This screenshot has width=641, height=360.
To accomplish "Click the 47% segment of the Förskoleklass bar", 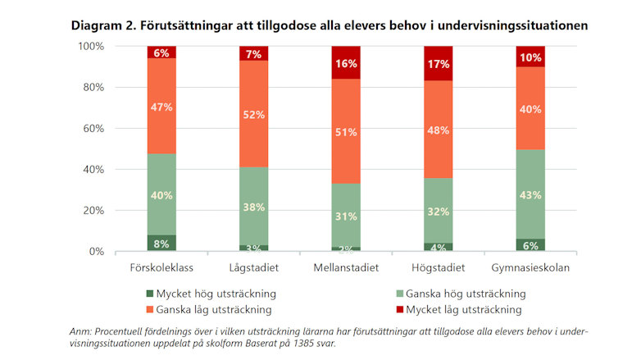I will point(161,106).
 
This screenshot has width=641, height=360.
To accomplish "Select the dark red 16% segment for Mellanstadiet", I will point(346,62).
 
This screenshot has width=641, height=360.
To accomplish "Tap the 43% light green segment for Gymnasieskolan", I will point(530,194).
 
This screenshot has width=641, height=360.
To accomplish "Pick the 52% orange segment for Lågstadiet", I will point(254,114).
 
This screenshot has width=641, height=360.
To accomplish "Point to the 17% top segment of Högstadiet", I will point(439,63).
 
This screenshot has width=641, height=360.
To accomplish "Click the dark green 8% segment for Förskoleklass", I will point(161,243).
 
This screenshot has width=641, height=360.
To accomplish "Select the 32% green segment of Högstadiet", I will point(439,211).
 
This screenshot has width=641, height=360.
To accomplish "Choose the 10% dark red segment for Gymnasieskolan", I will point(530,57).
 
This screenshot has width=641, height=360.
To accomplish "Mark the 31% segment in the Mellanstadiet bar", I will point(346,216).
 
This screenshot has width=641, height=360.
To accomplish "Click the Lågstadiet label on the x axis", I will point(254,268).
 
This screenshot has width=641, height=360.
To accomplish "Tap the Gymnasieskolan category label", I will point(530,268).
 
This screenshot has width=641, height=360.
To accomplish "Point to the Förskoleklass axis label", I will point(161,268).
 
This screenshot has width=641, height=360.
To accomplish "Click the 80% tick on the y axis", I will point(92,87).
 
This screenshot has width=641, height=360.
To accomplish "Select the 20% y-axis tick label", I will point(92,210).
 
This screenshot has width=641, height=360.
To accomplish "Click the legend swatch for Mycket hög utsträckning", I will point(149,294).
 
